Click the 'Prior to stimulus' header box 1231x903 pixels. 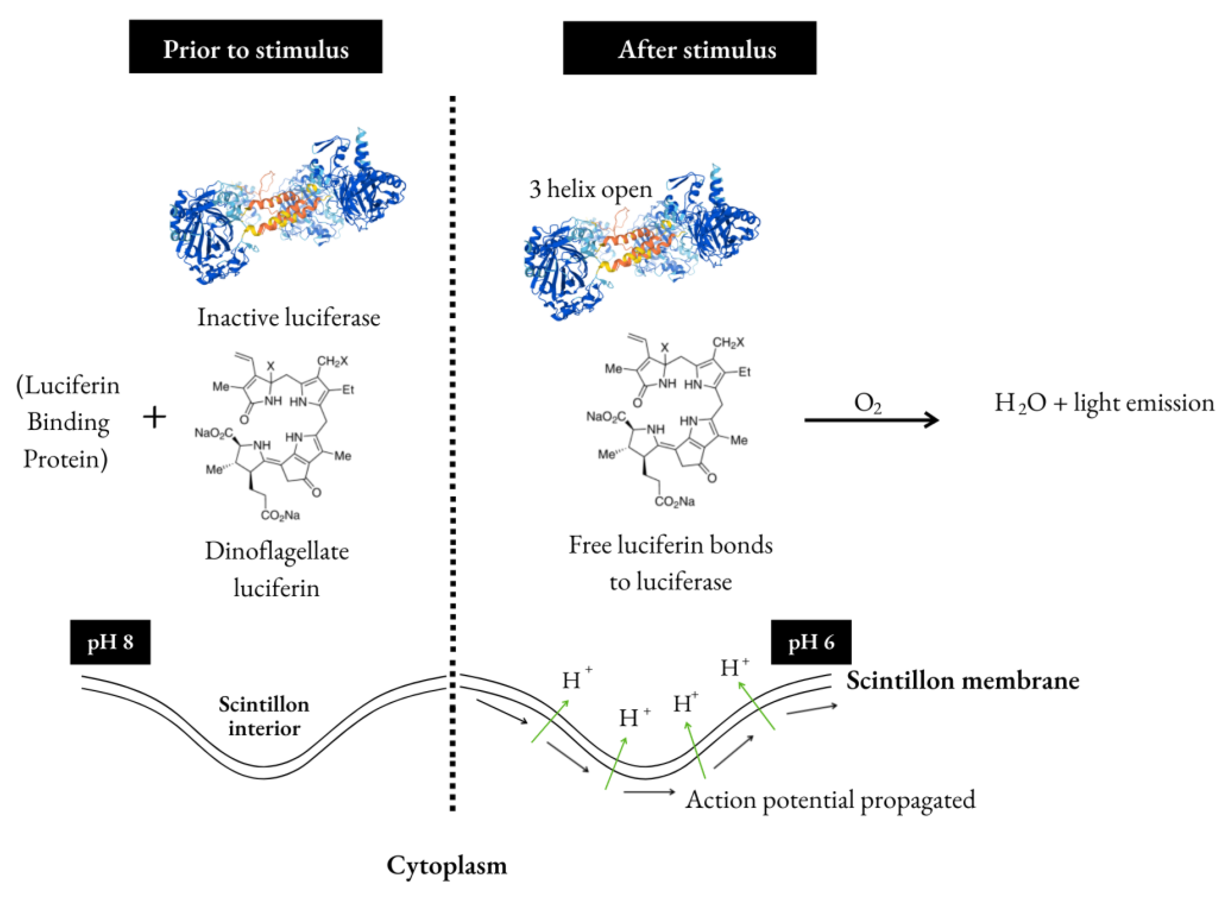click(x=255, y=47)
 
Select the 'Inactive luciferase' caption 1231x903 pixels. click(x=289, y=318)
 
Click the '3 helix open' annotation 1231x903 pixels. click(x=590, y=189)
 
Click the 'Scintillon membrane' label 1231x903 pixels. click(x=963, y=681)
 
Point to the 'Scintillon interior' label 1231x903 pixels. click(x=264, y=716)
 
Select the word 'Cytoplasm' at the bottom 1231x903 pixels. click(x=446, y=865)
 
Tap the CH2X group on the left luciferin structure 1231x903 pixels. click(x=332, y=361)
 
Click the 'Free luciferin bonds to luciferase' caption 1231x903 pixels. click(x=671, y=563)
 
